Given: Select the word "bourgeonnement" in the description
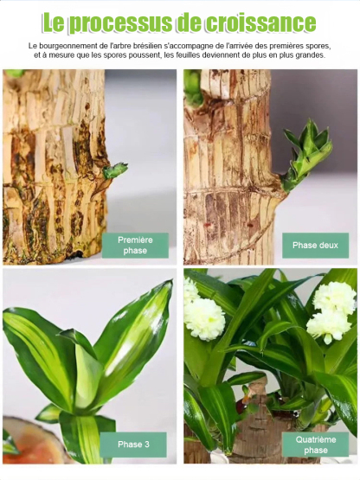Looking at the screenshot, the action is pyautogui.click(x=67, y=46).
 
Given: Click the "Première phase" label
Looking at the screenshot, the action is pyautogui.click(x=135, y=246).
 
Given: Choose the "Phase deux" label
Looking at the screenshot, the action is pyautogui.click(x=315, y=246).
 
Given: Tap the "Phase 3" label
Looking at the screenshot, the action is pyautogui.click(x=133, y=445).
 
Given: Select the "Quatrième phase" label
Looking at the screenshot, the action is pyautogui.click(x=316, y=445).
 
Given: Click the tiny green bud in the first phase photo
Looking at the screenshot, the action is pyautogui.click(x=115, y=170).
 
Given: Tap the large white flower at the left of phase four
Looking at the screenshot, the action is pyautogui.click(x=205, y=319).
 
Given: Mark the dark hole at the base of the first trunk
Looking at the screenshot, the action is pyautogui.click(x=77, y=253).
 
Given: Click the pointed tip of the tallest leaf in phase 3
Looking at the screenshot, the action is pyautogui.click(x=172, y=280).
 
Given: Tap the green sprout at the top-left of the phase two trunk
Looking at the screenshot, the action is pyautogui.click(x=193, y=87).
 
